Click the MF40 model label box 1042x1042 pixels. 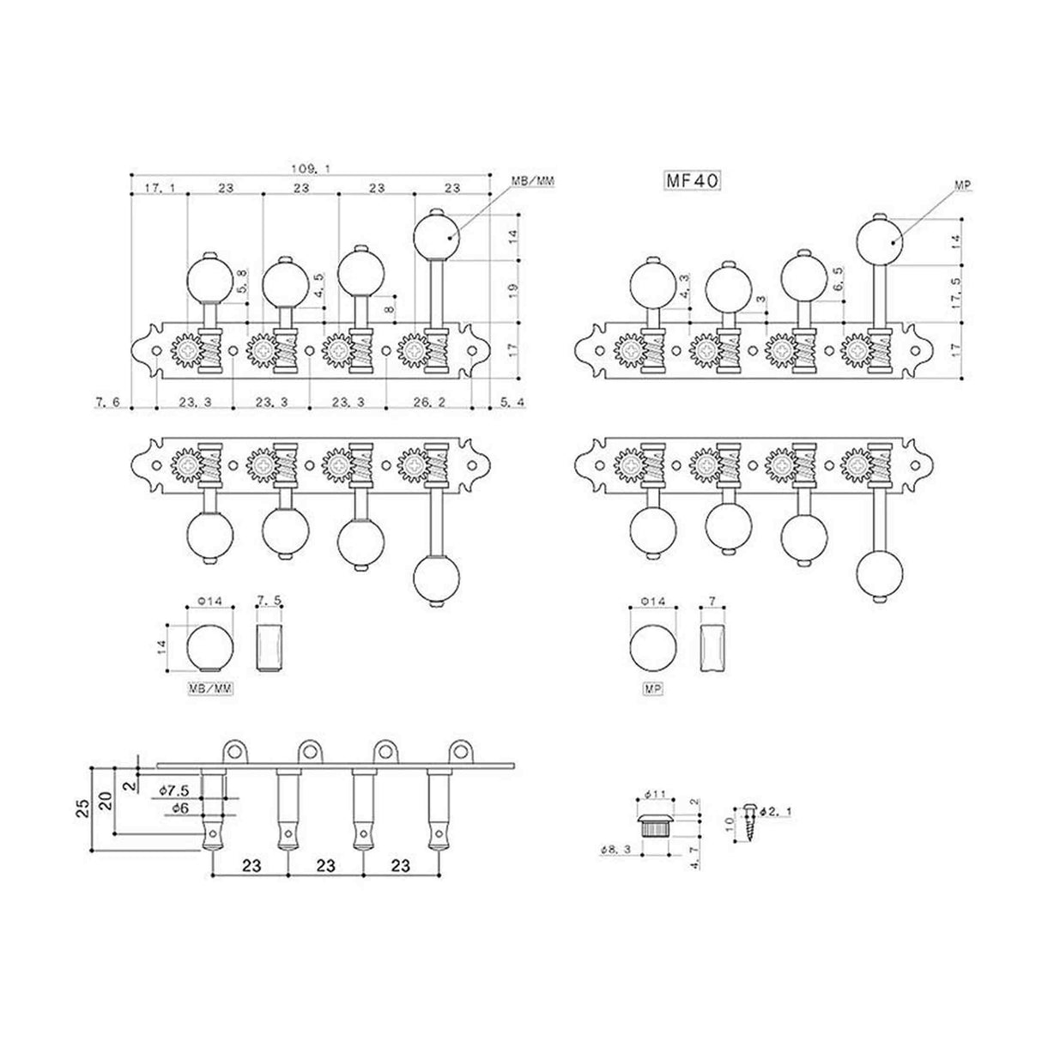click(691, 180)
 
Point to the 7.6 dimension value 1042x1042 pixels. click(107, 401)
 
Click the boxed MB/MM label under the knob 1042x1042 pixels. click(210, 688)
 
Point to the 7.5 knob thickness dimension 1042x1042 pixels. click(270, 602)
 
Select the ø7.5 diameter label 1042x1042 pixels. click(173, 788)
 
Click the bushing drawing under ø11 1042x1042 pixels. click(657, 826)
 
